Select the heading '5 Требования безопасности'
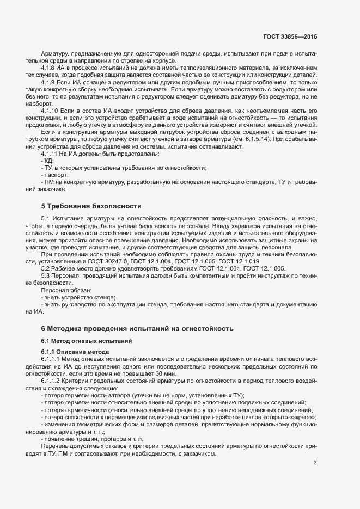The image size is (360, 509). coord(91,206)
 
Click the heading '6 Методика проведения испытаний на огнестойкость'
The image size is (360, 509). coord(137,329)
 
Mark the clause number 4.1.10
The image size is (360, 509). coord(51,111)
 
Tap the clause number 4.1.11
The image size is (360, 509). coord(51,154)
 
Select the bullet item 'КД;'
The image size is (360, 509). coord(48,161)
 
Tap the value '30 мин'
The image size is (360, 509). coord(165,374)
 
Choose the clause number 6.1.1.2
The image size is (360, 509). coord(52,382)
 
